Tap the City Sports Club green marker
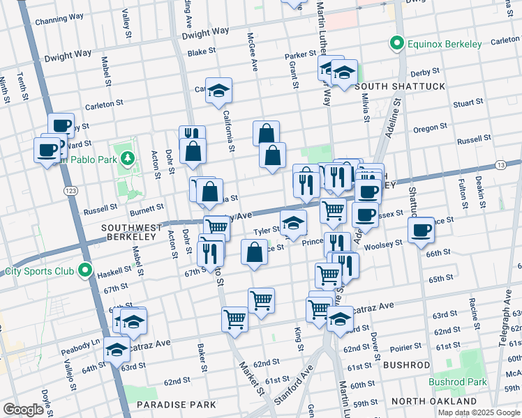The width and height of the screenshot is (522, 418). (x=85, y=270)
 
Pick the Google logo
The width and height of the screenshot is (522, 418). (x=23, y=409)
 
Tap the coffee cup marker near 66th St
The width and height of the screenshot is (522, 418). (x=422, y=231)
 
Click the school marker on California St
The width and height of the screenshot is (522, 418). (x=218, y=91)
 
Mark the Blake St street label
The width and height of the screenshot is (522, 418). (x=202, y=52)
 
